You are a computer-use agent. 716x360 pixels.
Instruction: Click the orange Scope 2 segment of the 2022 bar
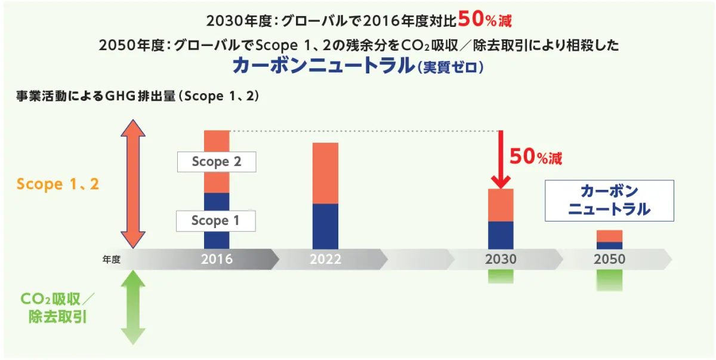click(x=325, y=173)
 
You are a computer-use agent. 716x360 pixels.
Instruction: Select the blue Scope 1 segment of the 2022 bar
click(x=325, y=226)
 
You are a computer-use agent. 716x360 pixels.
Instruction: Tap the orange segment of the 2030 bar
click(x=501, y=205)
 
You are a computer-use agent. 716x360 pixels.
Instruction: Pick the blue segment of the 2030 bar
click(x=501, y=235)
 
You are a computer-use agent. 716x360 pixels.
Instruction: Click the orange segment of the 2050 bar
click(x=609, y=236)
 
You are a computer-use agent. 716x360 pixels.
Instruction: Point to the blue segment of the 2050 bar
click(x=609, y=245)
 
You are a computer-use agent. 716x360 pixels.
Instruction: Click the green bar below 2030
click(x=501, y=276)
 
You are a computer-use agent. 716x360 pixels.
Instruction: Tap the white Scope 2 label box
click(x=217, y=162)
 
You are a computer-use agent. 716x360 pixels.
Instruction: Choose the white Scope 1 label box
click(x=215, y=221)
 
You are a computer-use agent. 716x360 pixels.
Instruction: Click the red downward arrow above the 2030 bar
click(x=501, y=158)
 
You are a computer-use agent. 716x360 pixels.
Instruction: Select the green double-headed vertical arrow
click(x=132, y=307)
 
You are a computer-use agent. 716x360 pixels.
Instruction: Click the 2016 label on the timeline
click(x=217, y=260)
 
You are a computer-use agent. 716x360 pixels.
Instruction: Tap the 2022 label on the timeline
click(x=325, y=260)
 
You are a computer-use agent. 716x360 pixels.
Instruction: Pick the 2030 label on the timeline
click(x=501, y=260)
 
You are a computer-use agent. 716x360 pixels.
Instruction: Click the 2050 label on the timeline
click(x=609, y=260)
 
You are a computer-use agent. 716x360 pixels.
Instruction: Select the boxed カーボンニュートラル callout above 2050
click(x=609, y=201)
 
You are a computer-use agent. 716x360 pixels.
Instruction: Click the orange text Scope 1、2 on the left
click(x=58, y=184)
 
